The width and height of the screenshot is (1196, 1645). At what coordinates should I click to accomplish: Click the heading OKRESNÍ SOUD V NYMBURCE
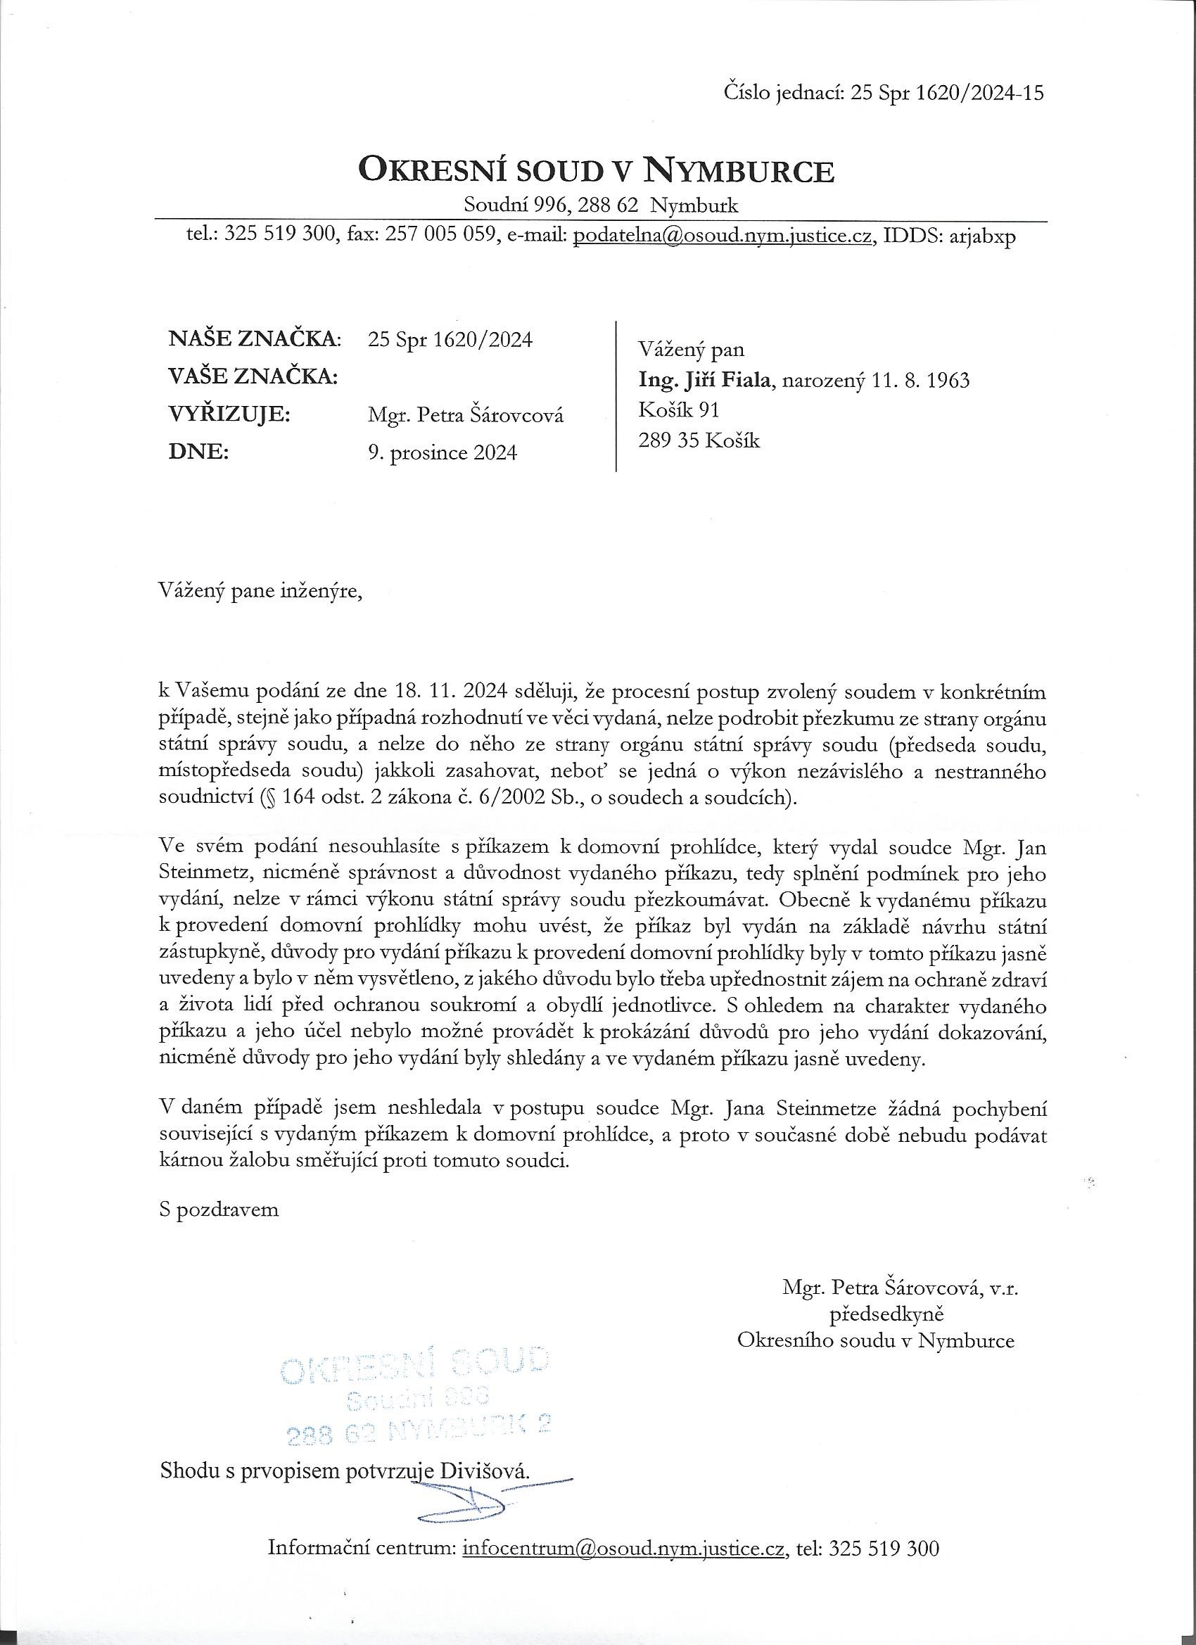[x=596, y=171]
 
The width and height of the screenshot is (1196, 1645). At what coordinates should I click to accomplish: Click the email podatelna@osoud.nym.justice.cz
[x=722, y=236]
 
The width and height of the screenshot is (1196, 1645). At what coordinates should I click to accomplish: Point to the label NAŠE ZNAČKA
[x=254, y=338]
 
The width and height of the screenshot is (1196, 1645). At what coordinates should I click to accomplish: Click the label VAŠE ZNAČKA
[x=253, y=376]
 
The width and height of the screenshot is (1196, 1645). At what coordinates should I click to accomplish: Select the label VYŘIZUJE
[x=229, y=415]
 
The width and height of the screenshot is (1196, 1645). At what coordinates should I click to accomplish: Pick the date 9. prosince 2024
[x=443, y=453]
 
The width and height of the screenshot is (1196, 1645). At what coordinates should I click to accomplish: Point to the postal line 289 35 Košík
[x=699, y=440]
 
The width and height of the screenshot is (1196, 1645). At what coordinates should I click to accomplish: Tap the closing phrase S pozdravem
[x=219, y=1209]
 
